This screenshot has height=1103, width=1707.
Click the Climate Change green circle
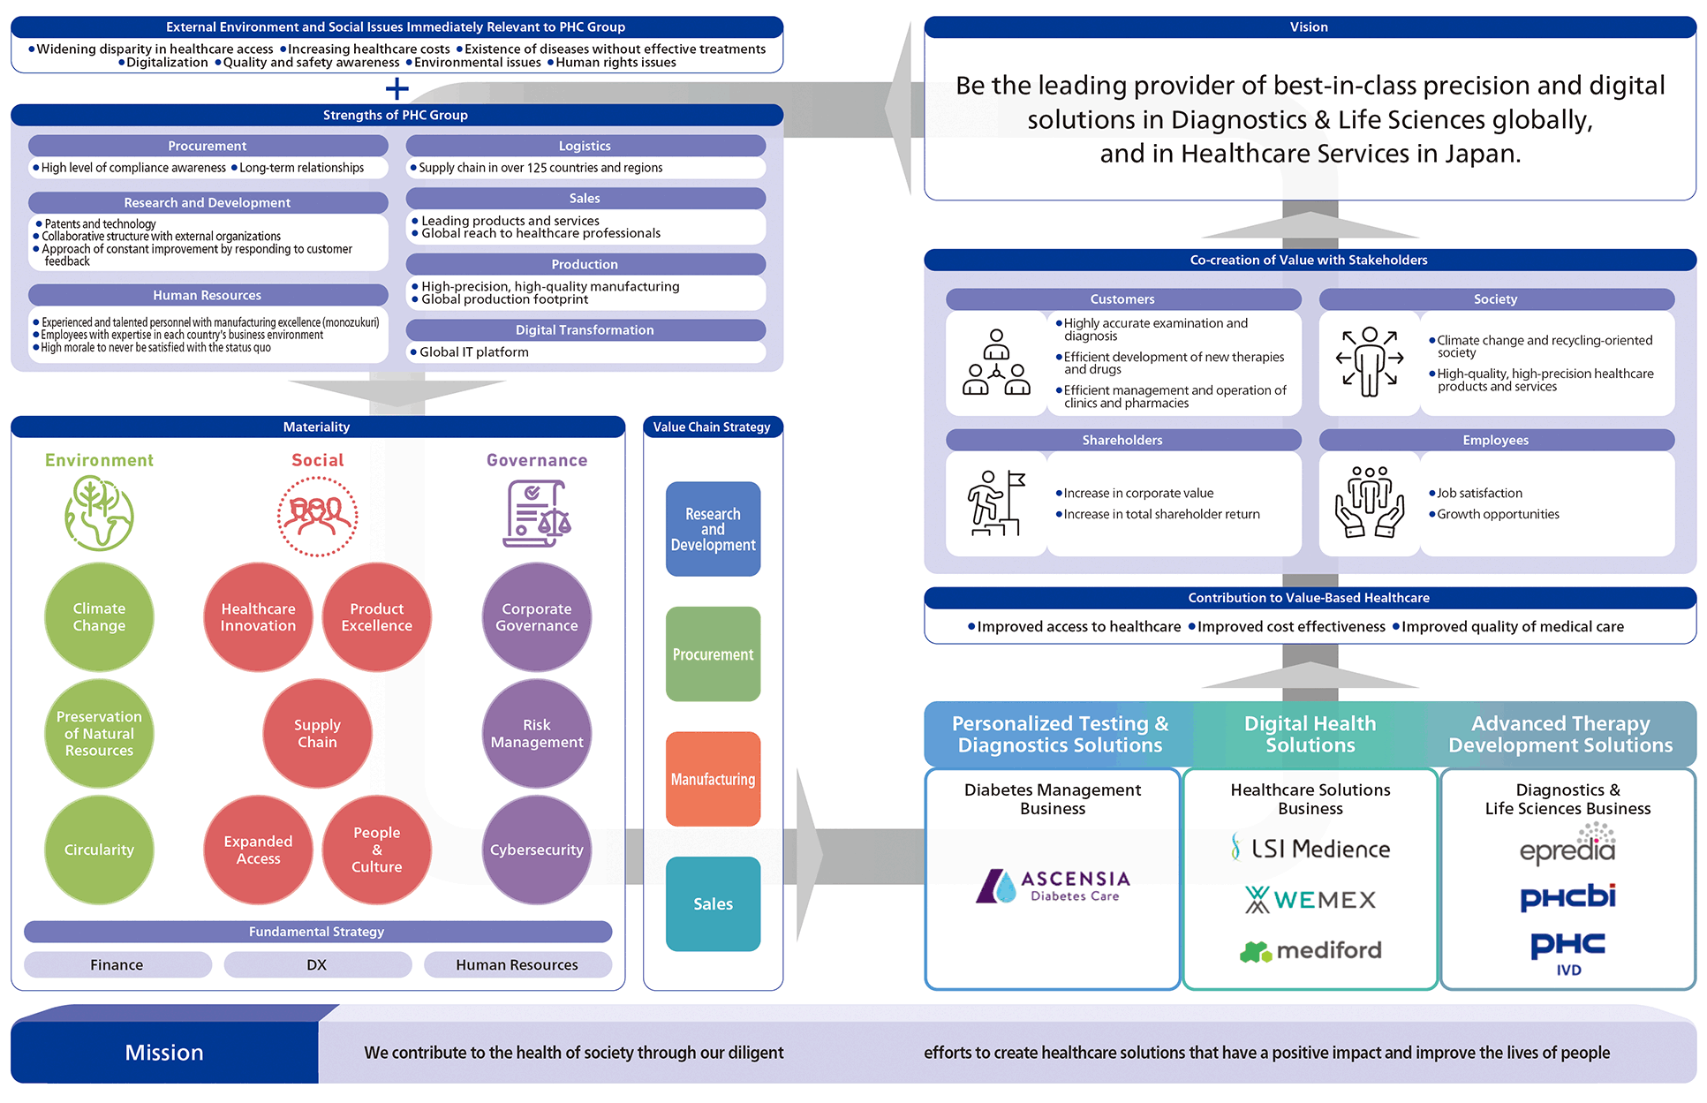tap(99, 617)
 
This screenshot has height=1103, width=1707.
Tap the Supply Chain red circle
tap(317, 733)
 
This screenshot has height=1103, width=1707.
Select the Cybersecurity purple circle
tap(537, 850)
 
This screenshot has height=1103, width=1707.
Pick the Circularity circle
tap(99, 850)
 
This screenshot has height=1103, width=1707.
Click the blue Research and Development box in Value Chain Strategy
tap(713, 529)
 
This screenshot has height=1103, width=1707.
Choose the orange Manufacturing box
tap(713, 779)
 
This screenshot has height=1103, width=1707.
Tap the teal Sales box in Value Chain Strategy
tap(713, 903)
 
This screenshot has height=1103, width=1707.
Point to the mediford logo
tap(1310, 951)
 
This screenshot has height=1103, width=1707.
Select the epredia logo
tap(1567, 845)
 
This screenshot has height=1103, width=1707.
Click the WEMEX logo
tap(1310, 900)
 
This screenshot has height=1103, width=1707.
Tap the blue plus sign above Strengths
tap(397, 88)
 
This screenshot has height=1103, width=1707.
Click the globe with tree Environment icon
tap(99, 513)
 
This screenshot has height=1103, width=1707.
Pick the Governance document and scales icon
tap(537, 514)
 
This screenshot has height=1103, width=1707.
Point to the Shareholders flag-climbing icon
tap(996, 503)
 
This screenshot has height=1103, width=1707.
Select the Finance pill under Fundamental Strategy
tap(117, 964)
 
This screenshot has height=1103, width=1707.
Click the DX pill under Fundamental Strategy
tap(317, 964)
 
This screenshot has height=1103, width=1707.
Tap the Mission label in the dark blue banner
tap(164, 1052)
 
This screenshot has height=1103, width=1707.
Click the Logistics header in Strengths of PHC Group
tap(585, 146)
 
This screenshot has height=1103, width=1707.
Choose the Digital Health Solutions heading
tap(1310, 734)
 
